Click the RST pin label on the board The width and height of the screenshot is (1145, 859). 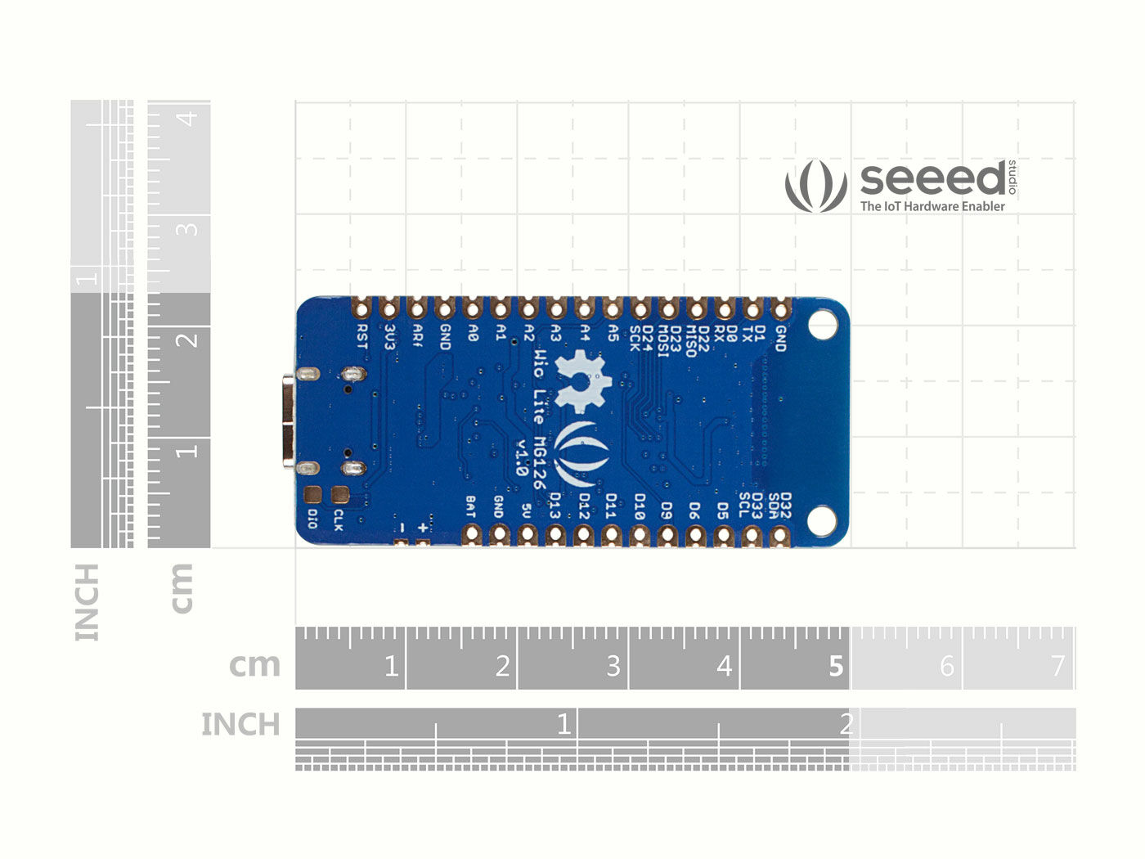click(362, 336)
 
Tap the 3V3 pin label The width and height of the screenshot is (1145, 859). click(390, 337)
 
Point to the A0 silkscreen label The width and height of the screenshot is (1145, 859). click(473, 333)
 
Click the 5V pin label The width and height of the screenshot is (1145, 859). click(527, 511)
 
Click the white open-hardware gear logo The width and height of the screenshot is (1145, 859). click(583, 380)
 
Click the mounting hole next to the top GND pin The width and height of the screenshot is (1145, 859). click(822, 325)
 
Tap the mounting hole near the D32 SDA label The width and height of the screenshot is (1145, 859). click(821, 520)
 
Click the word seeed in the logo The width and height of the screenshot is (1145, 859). click(932, 178)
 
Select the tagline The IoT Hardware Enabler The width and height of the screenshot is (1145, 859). click(932, 206)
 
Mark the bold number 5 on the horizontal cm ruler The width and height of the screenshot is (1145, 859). click(835, 666)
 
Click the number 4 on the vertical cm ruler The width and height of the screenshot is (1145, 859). click(188, 119)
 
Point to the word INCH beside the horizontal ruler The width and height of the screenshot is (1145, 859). click(240, 724)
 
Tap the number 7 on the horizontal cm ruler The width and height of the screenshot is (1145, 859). click(1057, 666)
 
